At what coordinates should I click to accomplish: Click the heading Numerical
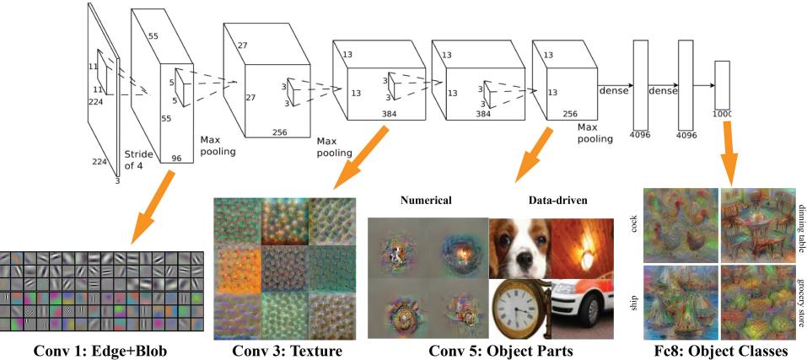pyautogui.click(x=427, y=201)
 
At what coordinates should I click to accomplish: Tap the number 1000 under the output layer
pyautogui.click(x=721, y=112)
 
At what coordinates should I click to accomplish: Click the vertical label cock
pyautogui.click(x=632, y=223)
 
